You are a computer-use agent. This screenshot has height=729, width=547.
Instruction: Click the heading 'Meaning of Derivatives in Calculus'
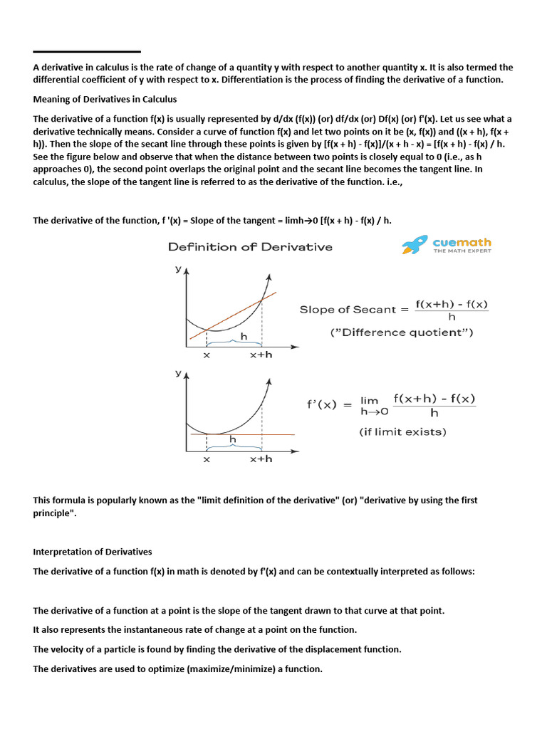click(105, 99)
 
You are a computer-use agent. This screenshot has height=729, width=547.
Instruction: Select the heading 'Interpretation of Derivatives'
click(93, 552)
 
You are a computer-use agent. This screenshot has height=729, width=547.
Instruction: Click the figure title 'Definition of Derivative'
click(250, 247)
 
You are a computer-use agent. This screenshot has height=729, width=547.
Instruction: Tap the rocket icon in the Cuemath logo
click(415, 246)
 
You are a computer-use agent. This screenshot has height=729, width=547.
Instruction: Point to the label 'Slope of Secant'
click(348, 310)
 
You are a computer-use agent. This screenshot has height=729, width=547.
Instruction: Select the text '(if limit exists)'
click(402, 431)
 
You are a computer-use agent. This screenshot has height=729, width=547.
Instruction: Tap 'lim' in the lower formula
click(370, 401)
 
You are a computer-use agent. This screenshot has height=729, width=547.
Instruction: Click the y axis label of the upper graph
click(178, 270)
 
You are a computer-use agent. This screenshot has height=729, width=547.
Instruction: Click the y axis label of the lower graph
click(178, 373)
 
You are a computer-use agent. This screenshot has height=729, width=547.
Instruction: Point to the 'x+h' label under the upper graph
click(261, 355)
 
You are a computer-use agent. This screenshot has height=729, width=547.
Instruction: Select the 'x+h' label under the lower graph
click(261, 459)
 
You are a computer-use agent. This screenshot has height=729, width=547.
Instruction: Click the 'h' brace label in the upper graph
click(244, 335)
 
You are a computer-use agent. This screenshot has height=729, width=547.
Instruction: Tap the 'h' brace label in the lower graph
click(232, 440)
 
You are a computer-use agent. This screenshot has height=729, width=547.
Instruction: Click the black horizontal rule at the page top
click(87, 51)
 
